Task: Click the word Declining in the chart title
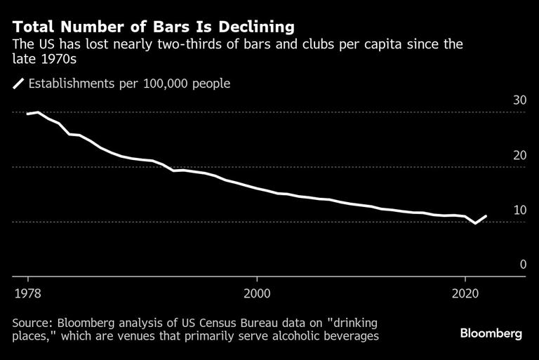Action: [250, 27]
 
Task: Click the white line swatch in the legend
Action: [18, 84]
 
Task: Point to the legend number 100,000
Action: [163, 84]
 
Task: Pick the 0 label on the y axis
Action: [522, 265]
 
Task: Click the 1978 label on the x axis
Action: [27, 292]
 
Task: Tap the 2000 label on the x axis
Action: [256, 292]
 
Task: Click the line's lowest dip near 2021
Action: [476, 223]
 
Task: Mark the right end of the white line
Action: [486, 216]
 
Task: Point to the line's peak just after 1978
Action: [38, 112]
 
